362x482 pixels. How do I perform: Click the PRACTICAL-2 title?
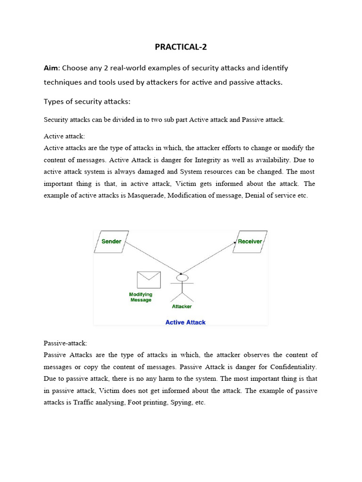(x=181, y=47)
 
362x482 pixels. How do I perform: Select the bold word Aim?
(x=52, y=68)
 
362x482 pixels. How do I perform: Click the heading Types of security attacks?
(x=87, y=102)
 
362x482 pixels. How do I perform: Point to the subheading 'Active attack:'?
(x=64, y=136)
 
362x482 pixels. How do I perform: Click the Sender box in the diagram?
(x=111, y=241)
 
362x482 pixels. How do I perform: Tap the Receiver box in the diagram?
(x=250, y=241)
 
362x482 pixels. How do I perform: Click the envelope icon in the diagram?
(x=148, y=280)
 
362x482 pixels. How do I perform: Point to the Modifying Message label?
(x=141, y=297)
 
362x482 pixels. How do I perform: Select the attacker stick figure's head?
(x=182, y=276)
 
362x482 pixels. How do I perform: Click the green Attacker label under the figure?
(x=181, y=306)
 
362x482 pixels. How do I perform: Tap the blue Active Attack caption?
(x=185, y=322)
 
